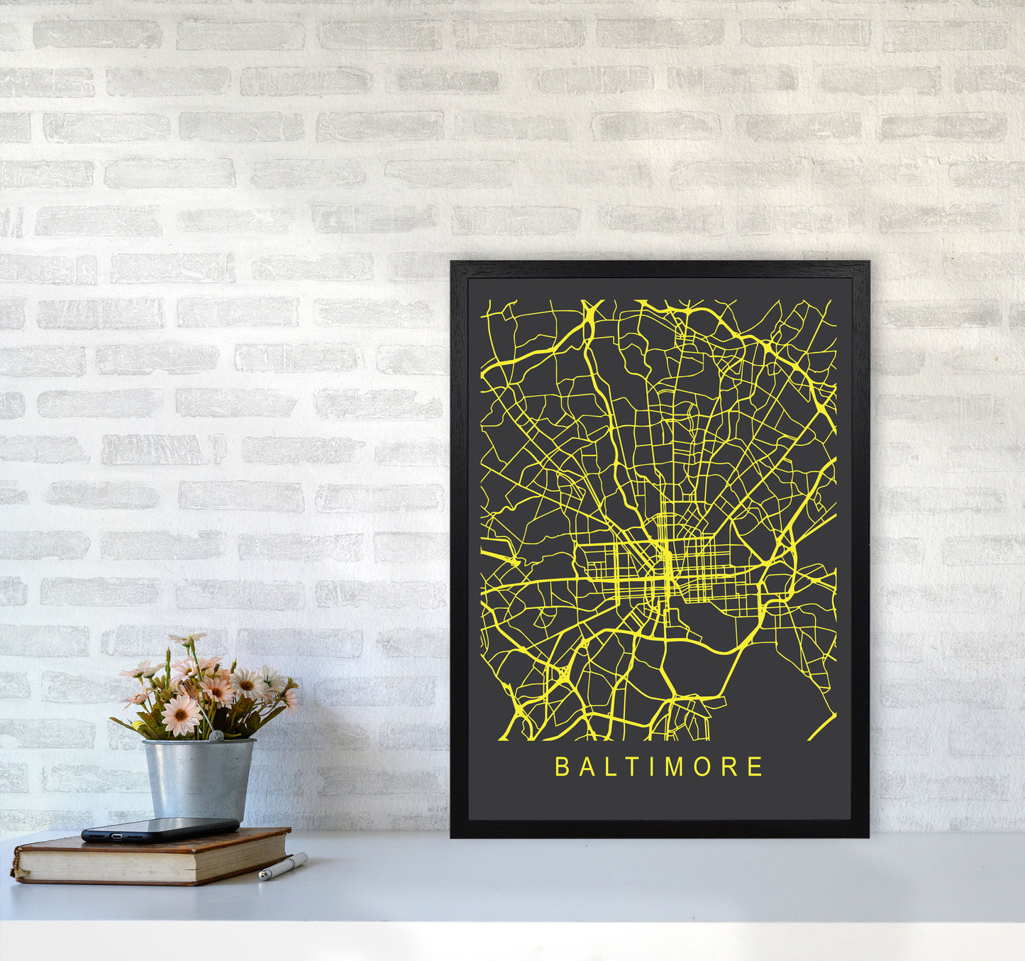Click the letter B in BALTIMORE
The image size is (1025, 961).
pos(562,767)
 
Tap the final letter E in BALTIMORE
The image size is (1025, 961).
pos(755,767)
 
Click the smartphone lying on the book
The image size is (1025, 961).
pos(160,829)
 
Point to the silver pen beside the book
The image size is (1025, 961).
pos(283,867)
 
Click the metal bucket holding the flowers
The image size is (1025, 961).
pos(198,778)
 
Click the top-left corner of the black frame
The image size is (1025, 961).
pos(452,263)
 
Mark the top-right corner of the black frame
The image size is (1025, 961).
pos(868,263)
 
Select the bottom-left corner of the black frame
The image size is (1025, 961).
pos(452,836)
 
